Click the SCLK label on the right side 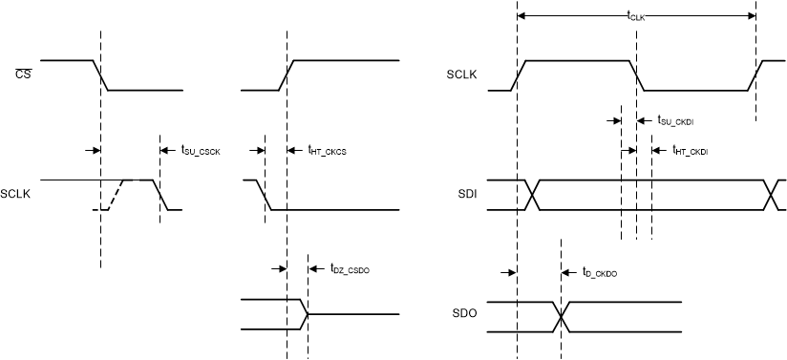pos(463,74)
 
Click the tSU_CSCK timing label pos(201,150)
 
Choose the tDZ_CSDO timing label pos(349,270)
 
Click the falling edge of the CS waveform pos(100,75)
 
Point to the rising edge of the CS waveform pos(286,75)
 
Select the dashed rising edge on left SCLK pos(114,195)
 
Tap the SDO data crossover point pos(561,316)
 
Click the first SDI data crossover pos(532,195)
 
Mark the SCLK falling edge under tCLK pos(636,75)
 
